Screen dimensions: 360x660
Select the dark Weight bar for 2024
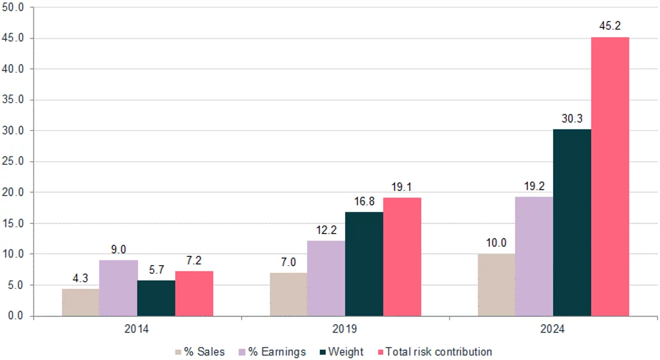click(x=572, y=222)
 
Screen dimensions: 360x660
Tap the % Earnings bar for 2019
click(x=326, y=278)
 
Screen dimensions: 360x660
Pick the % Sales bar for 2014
click(x=80, y=302)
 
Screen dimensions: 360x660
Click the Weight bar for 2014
click(x=156, y=298)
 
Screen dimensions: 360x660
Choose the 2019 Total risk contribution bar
click(x=402, y=256)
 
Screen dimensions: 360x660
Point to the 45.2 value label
click(x=609, y=26)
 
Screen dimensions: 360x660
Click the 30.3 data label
click(x=572, y=119)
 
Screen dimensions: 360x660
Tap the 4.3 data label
click(x=80, y=279)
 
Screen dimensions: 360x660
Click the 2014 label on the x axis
click(x=137, y=329)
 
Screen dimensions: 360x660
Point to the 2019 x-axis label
click(x=345, y=329)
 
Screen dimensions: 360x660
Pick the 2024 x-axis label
click(x=553, y=329)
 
